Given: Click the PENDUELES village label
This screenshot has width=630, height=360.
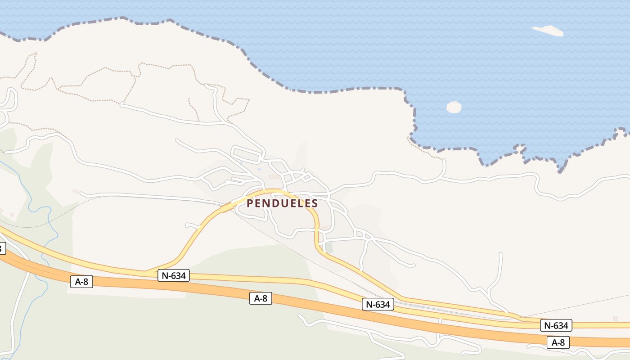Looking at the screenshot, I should point(282,203).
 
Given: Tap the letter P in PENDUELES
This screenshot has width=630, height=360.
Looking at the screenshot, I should point(250,203).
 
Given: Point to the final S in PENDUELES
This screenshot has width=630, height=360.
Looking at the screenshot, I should point(315,203).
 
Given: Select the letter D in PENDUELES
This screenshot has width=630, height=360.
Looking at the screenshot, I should point(274,203).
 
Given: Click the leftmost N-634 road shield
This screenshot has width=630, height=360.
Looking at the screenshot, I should point(173,275).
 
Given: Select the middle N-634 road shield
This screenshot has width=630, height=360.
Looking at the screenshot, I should point(378,304).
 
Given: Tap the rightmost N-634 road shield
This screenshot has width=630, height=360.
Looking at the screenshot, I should point(556,325).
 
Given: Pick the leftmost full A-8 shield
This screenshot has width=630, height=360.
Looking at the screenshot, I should point(81,282).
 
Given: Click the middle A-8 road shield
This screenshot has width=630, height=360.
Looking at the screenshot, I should point(261,298).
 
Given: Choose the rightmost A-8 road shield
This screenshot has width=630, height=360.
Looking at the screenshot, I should point(558,342).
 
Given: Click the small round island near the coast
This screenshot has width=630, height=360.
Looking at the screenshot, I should point(454,107).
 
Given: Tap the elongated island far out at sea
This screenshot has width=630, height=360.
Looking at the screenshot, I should point(548,31).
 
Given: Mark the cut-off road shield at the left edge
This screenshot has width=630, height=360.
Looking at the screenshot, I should point(2,248).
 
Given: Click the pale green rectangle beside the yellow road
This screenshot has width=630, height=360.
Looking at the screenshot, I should point(329,247).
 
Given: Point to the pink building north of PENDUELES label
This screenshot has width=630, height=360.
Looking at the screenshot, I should point(274,177).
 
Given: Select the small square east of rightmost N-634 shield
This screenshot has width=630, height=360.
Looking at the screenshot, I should point(615,319).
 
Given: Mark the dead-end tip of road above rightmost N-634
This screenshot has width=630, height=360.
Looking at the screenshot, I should point(501,254).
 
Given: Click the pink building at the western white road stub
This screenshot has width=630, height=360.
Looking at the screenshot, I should point(76,192).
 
